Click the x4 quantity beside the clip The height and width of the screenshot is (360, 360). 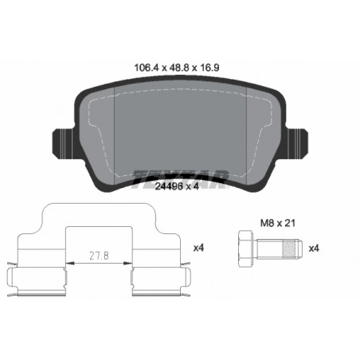(x=198, y=248)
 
